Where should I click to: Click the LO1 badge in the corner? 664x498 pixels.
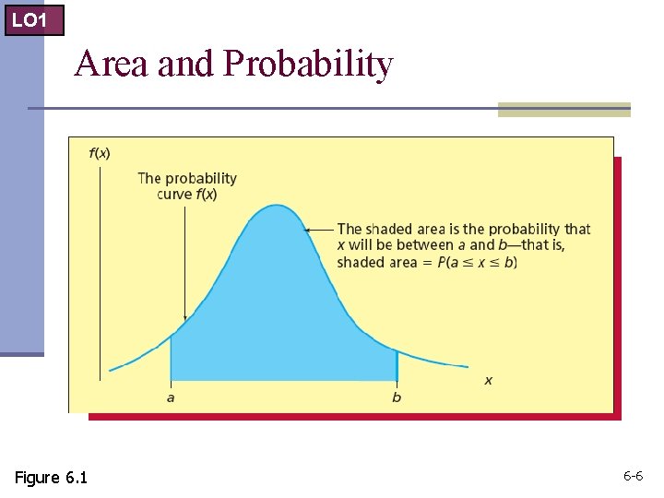(33, 18)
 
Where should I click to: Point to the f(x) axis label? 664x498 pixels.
(100, 153)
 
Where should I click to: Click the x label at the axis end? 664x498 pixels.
(488, 380)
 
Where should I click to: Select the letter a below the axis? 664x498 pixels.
(171, 397)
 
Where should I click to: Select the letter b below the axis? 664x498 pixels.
(397, 397)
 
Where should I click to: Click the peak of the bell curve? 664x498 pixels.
(277, 206)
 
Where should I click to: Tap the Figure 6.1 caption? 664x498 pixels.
(51, 477)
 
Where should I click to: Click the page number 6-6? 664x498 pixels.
(633, 476)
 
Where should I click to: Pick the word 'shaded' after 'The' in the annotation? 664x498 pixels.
(385, 229)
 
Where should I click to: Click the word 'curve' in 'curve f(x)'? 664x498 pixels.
(174, 195)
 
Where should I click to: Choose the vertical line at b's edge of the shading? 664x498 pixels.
(397, 364)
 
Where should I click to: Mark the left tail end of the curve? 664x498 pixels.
(111, 370)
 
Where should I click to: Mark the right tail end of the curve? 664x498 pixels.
(467, 366)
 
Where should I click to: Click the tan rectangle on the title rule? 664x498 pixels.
(563, 110)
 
